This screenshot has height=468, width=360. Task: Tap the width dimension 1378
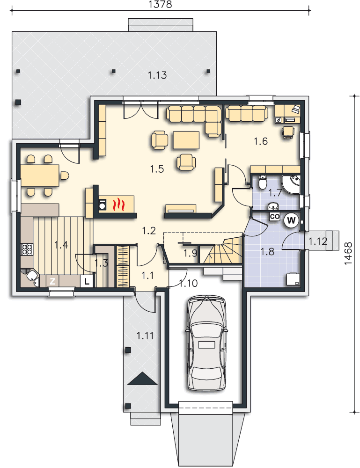(x=160, y=4)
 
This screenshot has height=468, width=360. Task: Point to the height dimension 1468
(x=348, y=253)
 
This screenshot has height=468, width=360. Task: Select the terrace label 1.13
(x=157, y=75)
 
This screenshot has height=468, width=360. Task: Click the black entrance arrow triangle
(x=142, y=379)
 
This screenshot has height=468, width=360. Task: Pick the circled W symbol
(x=291, y=220)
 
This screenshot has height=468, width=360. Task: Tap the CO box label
(x=275, y=216)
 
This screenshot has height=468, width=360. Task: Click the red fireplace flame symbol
(x=118, y=205)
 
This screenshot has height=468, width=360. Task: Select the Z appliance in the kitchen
(x=52, y=281)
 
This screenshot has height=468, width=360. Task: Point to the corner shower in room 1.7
(x=291, y=184)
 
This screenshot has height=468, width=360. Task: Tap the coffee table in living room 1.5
(x=186, y=140)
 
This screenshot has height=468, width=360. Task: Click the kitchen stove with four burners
(x=27, y=249)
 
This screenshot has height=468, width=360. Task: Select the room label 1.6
(x=261, y=141)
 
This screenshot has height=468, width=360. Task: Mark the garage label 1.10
(x=188, y=283)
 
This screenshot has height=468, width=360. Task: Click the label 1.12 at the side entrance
(x=317, y=241)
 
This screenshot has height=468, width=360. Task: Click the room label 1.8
(x=267, y=252)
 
